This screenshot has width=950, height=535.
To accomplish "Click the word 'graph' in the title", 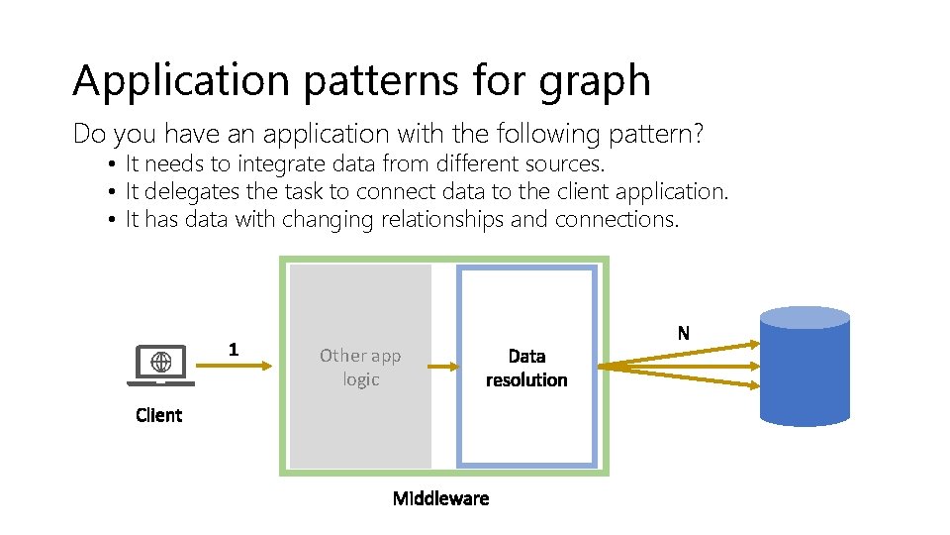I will [595, 81].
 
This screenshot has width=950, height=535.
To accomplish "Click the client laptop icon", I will [161, 366].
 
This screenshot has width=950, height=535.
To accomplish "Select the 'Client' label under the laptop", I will [159, 415].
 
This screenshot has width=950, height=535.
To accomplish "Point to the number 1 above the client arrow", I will [233, 349].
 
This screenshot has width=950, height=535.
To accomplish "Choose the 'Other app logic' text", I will [360, 367].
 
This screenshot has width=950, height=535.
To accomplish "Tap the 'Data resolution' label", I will [526, 367].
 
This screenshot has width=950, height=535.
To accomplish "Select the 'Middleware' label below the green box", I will [440, 497].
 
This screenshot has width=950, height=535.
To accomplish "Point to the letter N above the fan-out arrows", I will [684, 333].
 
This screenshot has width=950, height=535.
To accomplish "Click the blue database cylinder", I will [805, 366].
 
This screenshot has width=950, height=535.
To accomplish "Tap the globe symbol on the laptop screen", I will [161, 362].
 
